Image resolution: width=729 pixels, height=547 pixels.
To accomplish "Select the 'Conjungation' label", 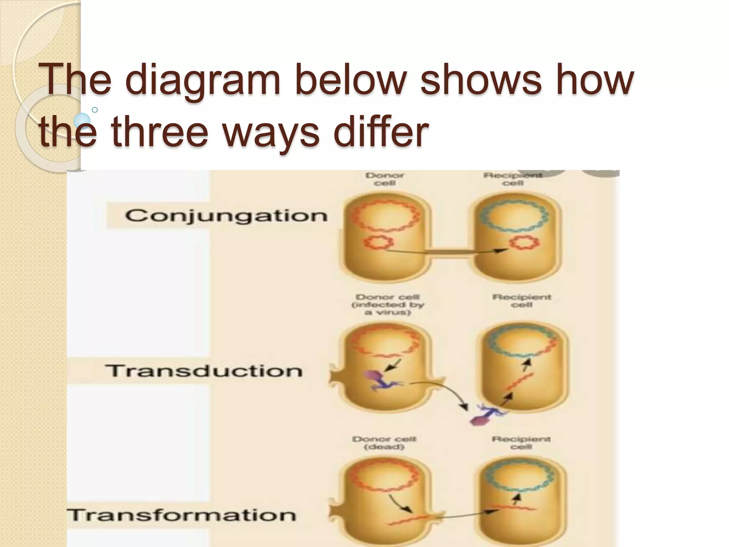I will (226, 216).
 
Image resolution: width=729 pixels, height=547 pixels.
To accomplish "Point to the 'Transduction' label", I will (204, 371).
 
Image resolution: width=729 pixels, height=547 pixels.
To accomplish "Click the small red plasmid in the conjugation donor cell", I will (378, 243).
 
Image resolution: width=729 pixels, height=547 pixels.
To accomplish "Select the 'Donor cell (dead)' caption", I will (384, 443).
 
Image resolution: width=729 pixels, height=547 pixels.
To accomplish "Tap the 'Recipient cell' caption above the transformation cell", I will (521, 443).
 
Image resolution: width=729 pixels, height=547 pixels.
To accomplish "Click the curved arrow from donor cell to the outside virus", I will (441, 392).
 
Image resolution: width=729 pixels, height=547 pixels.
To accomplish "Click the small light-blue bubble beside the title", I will (83, 120).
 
